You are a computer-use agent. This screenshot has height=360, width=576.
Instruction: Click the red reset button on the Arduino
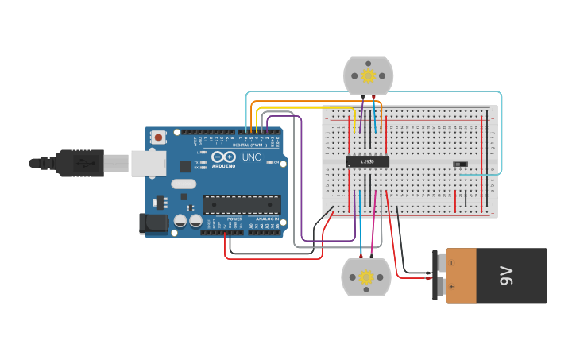click(x=158, y=137)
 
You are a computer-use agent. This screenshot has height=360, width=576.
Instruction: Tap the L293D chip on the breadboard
click(x=367, y=161)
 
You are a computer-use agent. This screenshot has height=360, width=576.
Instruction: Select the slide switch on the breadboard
click(x=460, y=165)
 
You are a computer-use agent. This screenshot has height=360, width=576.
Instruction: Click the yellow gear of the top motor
click(x=368, y=75)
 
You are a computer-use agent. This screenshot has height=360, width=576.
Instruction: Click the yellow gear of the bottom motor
click(x=365, y=277)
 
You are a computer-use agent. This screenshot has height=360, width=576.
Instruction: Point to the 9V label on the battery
click(x=506, y=276)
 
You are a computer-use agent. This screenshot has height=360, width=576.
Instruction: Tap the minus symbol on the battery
click(x=451, y=262)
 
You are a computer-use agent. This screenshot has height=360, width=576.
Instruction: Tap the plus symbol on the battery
click(x=451, y=286)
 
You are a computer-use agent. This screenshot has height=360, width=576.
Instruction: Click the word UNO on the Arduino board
click(x=251, y=157)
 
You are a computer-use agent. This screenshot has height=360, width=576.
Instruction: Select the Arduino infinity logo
click(x=223, y=157)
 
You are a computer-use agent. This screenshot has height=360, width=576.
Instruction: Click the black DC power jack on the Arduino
click(x=153, y=224)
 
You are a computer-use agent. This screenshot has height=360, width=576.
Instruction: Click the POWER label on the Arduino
click(x=234, y=219)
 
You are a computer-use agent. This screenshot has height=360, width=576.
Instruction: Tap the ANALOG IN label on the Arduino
click(x=266, y=219)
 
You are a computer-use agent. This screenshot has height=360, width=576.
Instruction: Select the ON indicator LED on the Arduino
click(x=270, y=162)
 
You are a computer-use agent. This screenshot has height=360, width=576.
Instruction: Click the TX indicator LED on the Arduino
click(x=203, y=162)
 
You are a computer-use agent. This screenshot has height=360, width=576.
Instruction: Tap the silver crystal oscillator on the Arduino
click(x=183, y=184)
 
